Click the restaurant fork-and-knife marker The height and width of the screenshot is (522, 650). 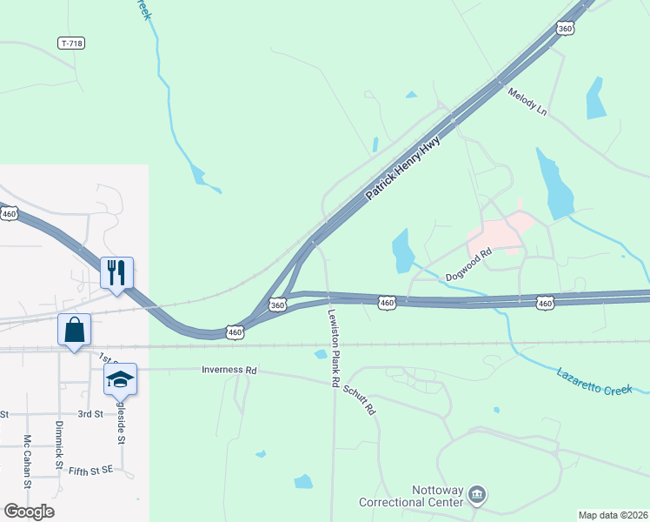click(116, 272)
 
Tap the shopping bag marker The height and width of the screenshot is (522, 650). click(74, 330)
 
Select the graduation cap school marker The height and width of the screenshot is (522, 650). click(121, 378)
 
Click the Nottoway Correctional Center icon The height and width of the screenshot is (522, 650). click(476, 495)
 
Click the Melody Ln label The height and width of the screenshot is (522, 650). click(528, 103)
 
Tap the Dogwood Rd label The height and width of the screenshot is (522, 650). click(469, 264)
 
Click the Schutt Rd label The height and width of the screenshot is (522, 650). click(359, 398)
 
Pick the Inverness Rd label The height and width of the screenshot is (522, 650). click(229, 370)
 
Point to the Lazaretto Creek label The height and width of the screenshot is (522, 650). click(594, 380)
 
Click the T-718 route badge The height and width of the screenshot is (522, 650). click(71, 43)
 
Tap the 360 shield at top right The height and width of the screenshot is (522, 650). click(566, 29)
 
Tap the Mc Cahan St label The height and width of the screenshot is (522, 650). click(28, 460)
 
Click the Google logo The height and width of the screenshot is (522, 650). click(29, 512)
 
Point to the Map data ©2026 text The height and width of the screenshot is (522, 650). click(613, 515)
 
